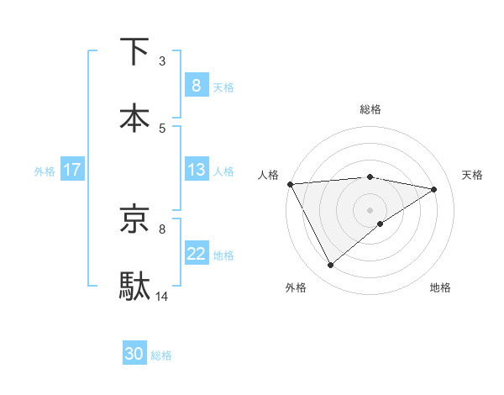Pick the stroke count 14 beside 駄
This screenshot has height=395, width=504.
pos(162,296)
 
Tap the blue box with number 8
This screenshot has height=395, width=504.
pos(196,85)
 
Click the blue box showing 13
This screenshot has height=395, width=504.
pos(196,170)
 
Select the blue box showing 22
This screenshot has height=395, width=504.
pos(196,254)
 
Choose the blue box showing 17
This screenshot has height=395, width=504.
pos(71,170)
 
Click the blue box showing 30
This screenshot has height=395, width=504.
pos(134,354)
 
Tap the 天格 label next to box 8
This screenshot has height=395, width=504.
pos(223,87)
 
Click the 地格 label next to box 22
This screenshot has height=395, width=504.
pos(223,255)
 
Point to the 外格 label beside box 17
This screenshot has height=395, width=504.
pos(45,171)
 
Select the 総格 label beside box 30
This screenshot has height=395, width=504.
pos(162,355)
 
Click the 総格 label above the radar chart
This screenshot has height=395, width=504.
pos(370,109)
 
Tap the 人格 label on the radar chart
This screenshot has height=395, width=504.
pos(268,175)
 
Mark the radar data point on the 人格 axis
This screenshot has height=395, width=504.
pos(290,184)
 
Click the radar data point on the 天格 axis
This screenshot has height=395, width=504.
pos(434,189)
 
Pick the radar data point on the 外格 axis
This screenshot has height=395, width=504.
pos(330,266)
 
